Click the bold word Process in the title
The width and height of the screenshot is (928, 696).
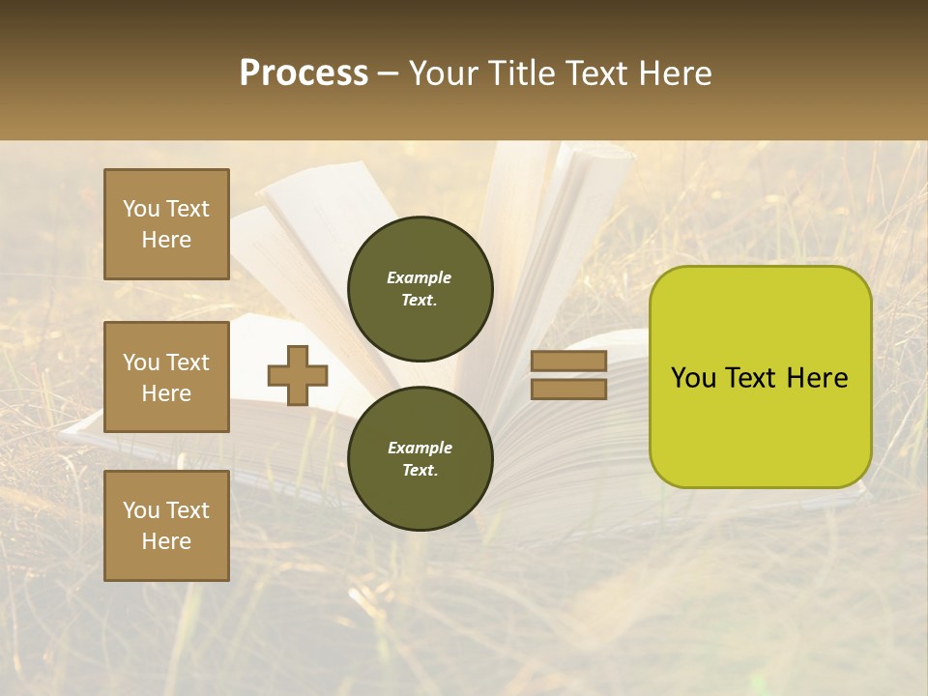point(304,73)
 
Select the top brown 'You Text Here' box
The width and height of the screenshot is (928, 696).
point(166,224)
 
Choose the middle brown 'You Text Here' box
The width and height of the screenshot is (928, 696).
point(166,377)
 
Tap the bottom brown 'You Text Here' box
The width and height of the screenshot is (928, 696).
point(166,526)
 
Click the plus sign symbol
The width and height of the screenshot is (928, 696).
point(298,376)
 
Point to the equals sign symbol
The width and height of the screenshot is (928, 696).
point(568,375)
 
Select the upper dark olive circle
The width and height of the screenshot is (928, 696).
point(420,289)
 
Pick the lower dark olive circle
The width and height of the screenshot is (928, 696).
point(420,458)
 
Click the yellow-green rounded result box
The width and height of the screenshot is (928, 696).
point(760,377)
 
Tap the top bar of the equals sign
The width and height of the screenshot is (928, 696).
point(568,362)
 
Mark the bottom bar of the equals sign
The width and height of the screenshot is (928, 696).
point(568,389)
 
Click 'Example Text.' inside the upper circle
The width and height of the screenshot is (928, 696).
point(420,289)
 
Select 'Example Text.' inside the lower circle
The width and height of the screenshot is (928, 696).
point(420,459)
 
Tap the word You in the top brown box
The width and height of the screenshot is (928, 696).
point(141,209)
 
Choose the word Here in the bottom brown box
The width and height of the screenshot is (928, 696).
point(166,541)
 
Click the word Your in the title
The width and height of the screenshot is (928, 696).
point(445,73)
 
